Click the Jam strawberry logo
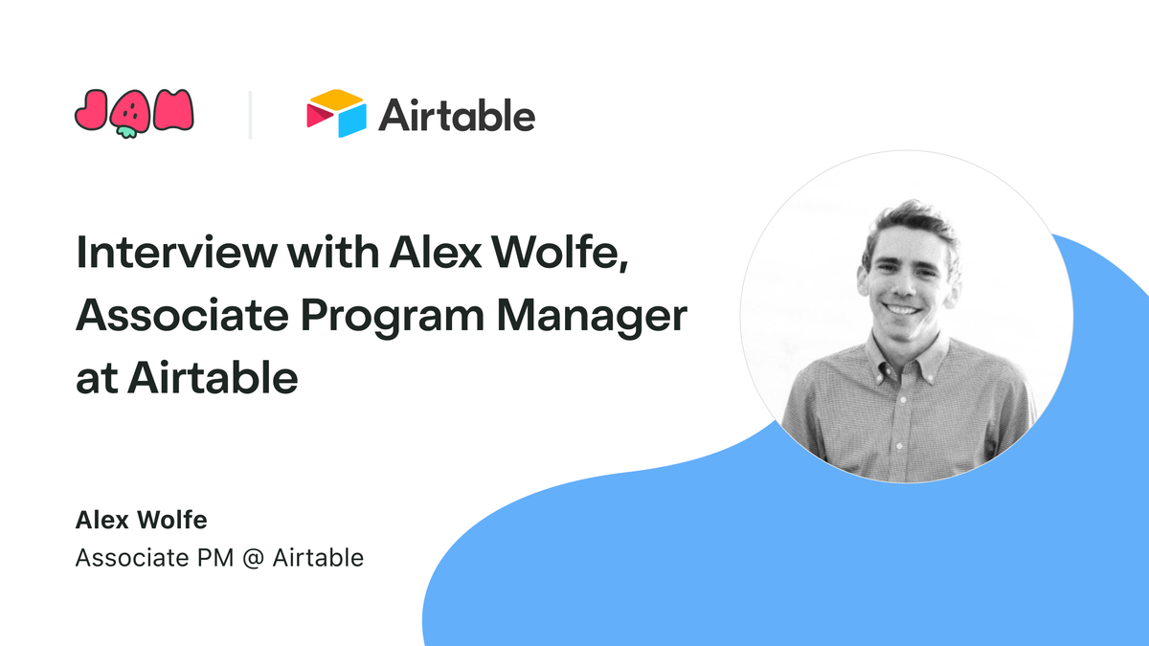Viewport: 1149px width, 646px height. (x=134, y=114)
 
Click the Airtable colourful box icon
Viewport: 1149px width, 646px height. (x=336, y=114)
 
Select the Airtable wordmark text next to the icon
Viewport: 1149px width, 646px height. (x=457, y=116)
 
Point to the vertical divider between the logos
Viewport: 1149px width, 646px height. (x=250, y=115)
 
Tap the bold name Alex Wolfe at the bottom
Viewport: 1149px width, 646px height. (x=142, y=522)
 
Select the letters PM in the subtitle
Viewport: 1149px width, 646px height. (x=208, y=558)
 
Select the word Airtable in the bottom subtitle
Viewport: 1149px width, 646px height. (x=318, y=558)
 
